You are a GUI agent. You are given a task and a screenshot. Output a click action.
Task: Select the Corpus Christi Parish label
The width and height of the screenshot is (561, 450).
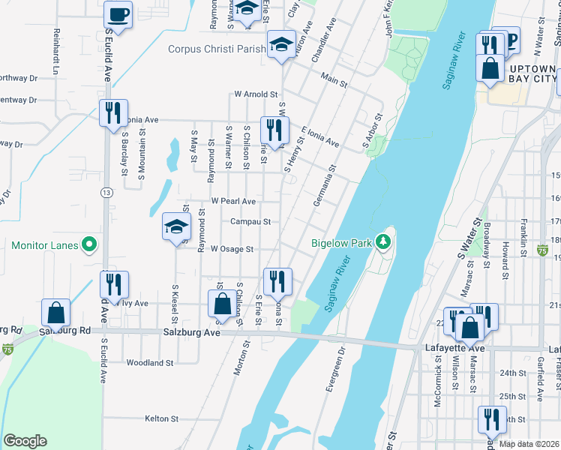pyautogui.click(x=216, y=49)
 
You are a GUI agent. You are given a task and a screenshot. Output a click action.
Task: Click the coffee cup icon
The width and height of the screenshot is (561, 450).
pyautogui.click(x=118, y=13)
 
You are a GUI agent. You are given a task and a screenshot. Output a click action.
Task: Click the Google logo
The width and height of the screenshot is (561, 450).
pyautogui.click(x=24, y=441)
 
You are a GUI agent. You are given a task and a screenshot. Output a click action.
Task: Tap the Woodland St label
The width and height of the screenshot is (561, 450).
pyautogui.click(x=150, y=362)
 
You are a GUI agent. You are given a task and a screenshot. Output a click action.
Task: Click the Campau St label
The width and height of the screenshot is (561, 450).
pyautogui.click(x=250, y=222)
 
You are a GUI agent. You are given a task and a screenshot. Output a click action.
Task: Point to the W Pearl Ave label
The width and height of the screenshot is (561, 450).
pyautogui.click(x=233, y=201)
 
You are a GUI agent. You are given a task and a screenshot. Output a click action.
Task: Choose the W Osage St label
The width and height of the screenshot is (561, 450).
pyautogui.click(x=232, y=249)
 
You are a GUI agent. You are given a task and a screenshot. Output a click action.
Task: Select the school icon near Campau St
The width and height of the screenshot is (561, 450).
pyautogui.click(x=175, y=226)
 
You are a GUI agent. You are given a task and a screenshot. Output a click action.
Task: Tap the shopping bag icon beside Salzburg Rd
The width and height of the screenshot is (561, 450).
pyautogui.click(x=55, y=312)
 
